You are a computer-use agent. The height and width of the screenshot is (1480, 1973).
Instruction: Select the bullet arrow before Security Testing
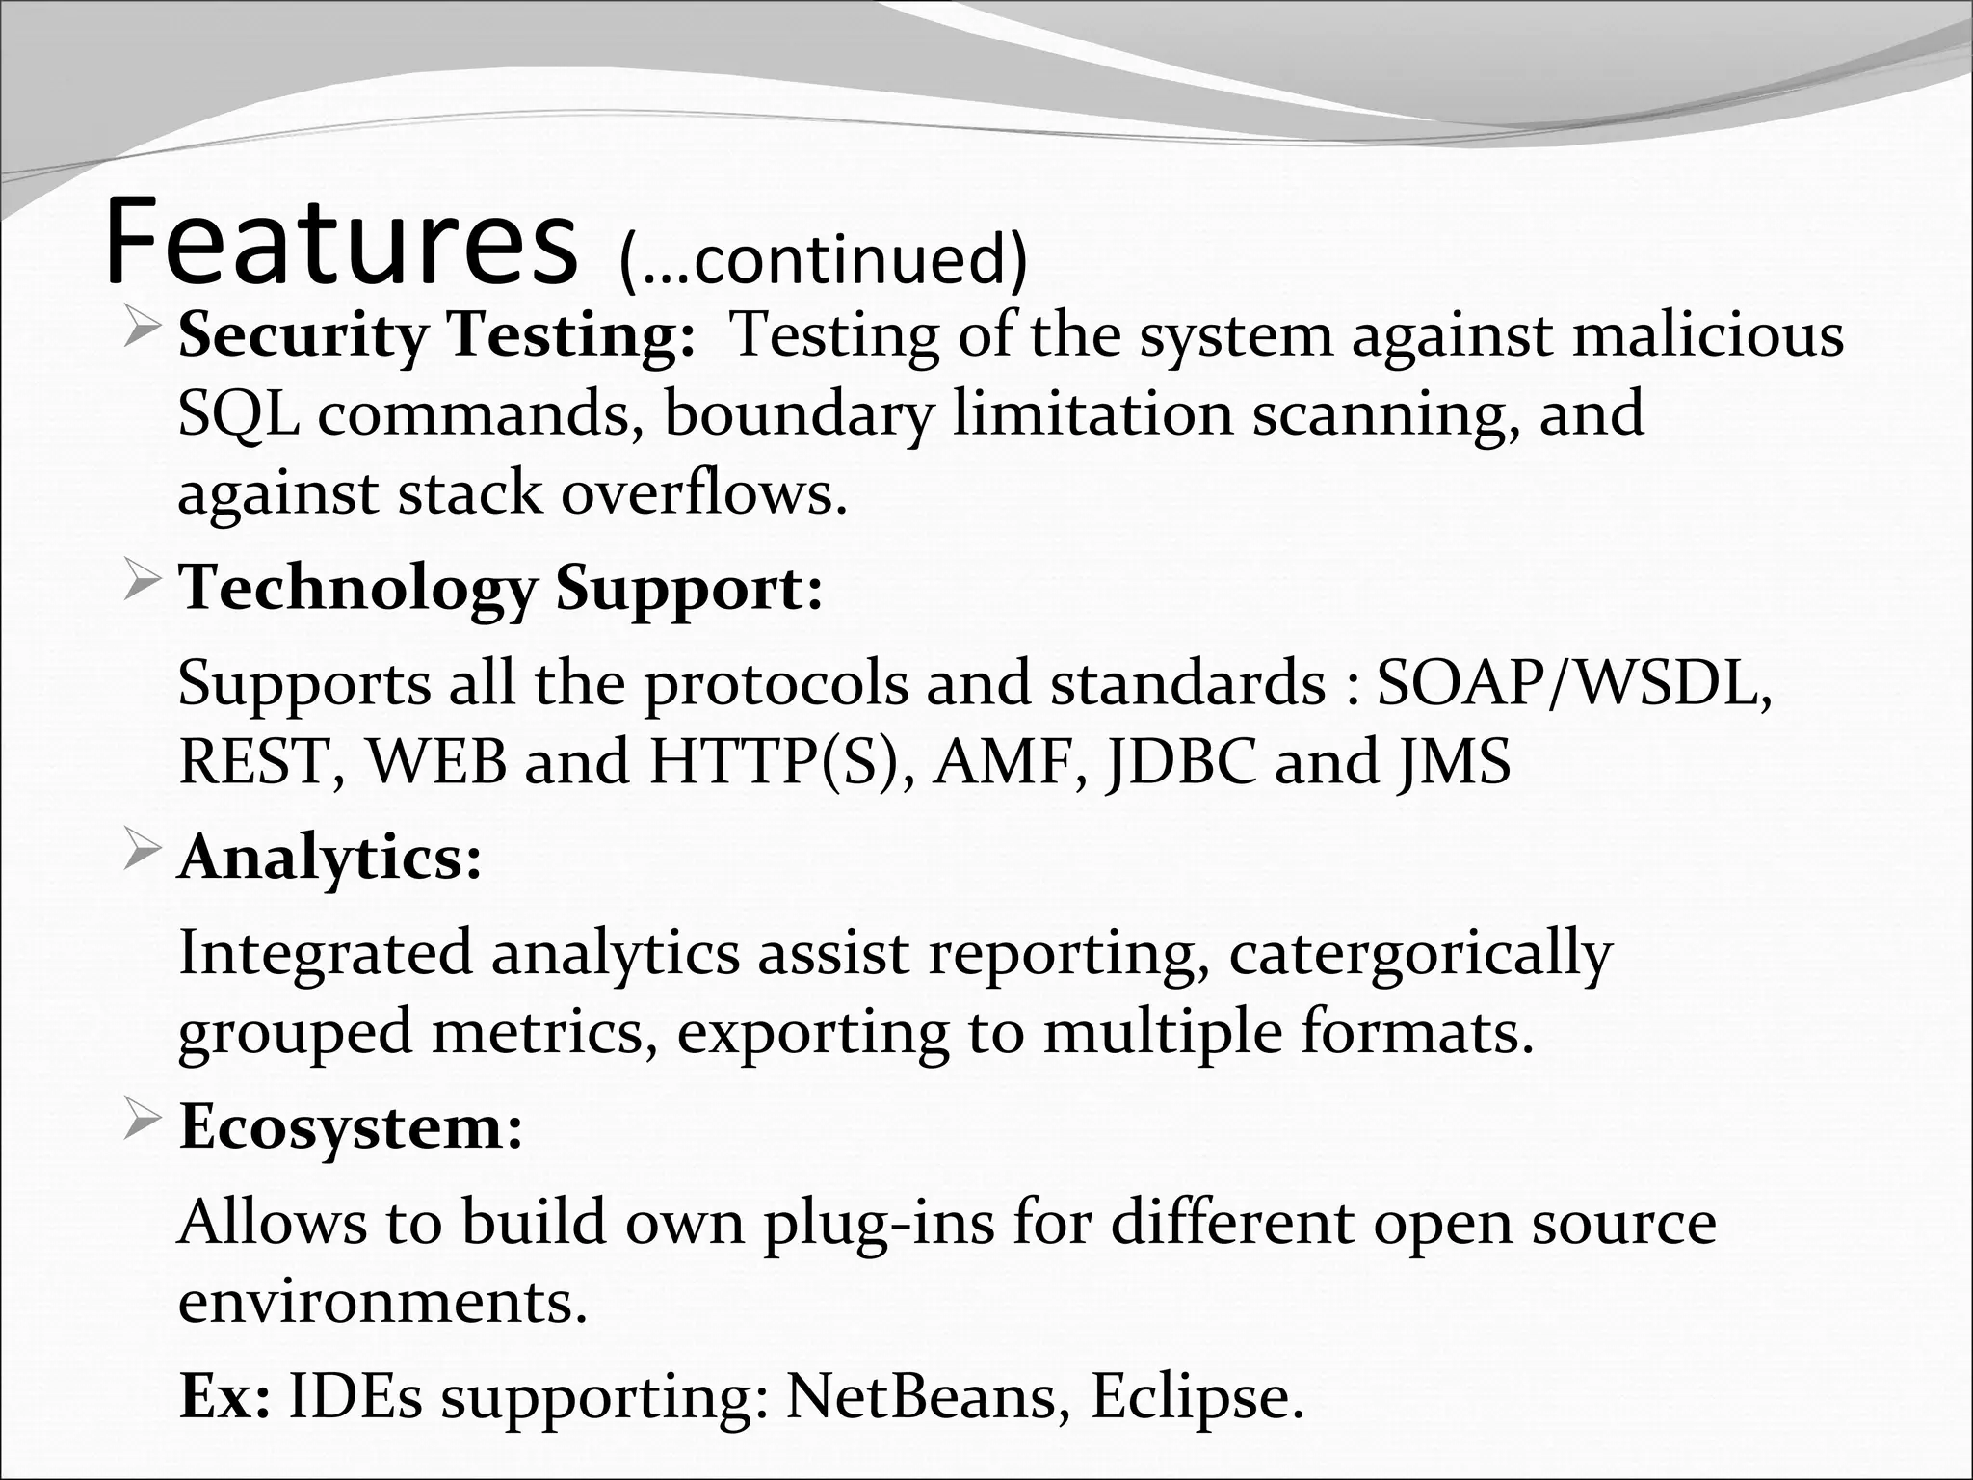pyautogui.click(x=142, y=332)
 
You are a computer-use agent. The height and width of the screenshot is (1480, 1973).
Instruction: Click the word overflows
pyautogui.click(x=703, y=493)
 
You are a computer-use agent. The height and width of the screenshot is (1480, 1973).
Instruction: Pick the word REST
pyautogui.click(x=253, y=761)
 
